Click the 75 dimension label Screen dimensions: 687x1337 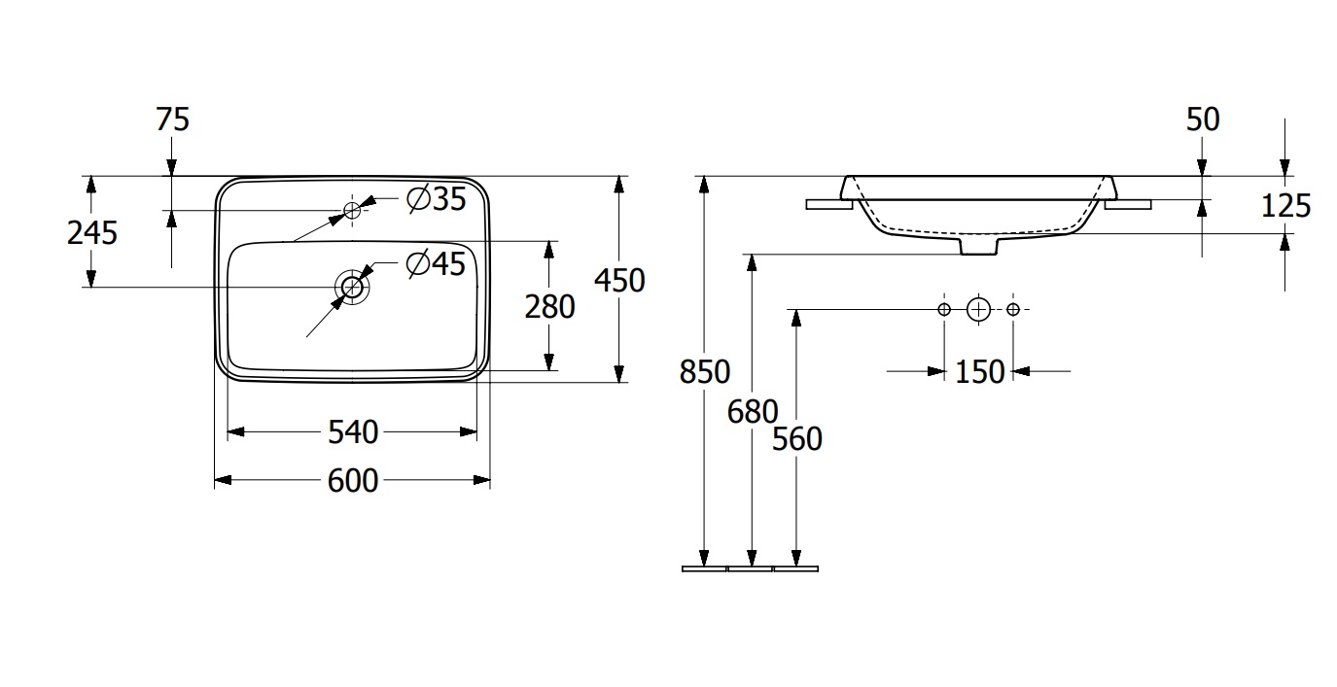[172, 120]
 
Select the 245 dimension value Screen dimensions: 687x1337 [91, 232]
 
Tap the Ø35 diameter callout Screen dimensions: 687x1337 [437, 199]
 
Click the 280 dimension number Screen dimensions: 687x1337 [549, 307]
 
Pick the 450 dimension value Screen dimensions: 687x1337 [619, 280]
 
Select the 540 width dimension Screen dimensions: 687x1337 [352, 431]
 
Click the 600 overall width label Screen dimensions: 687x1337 [352, 480]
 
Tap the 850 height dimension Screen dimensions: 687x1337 [704, 371]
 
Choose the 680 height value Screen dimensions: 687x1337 [752, 412]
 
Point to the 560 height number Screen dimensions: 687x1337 [796, 439]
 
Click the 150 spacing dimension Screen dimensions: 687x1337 [979, 371]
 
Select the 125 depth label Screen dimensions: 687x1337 [1285, 205]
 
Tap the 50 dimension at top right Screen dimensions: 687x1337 [1203, 120]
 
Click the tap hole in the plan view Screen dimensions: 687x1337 [352, 209]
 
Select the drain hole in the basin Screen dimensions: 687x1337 [351, 287]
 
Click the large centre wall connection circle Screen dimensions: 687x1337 [978, 309]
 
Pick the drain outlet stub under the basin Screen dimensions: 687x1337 [978, 247]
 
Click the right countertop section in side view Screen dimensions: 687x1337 [1128, 204]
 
